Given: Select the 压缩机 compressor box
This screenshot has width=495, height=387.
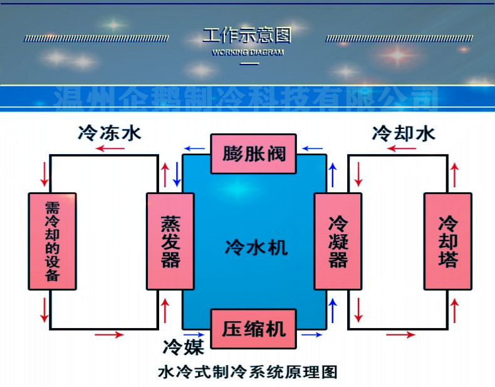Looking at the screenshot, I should click(x=254, y=329).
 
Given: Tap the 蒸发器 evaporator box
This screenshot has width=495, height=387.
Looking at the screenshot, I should click(x=170, y=241).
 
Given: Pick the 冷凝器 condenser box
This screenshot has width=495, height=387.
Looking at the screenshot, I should click(x=338, y=241).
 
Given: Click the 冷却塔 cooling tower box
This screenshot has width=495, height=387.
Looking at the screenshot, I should click(x=447, y=241).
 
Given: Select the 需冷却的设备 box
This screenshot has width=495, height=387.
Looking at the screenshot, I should click(x=52, y=241).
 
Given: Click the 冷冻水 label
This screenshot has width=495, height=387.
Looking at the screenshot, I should click(x=110, y=133).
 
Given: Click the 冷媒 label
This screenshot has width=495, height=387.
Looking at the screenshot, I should click(x=179, y=346).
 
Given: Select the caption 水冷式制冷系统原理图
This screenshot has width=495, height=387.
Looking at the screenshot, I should click(x=247, y=372).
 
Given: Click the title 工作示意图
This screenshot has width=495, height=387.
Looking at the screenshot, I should click(x=247, y=34).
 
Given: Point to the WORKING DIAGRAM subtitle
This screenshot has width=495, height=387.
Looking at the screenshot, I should click(x=247, y=53).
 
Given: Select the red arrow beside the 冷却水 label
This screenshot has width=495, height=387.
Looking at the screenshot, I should click(x=400, y=149).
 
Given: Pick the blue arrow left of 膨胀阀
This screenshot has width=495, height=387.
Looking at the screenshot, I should click(x=195, y=149).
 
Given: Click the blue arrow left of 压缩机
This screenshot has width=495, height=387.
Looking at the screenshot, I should click(x=195, y=335).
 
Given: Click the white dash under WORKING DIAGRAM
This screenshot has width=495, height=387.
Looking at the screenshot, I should click(x=249, y=64).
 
